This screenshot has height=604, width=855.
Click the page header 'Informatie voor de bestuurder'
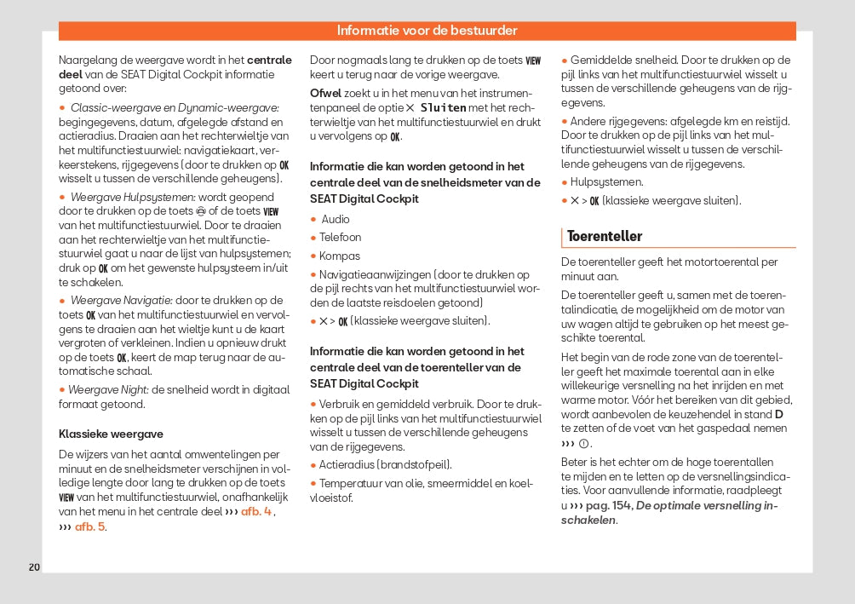[x=427, y=31]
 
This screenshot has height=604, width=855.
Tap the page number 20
[x=34, y=567]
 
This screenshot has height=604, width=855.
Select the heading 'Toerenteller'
[x=605, y=236]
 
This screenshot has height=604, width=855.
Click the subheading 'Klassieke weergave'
[x=111, y=434]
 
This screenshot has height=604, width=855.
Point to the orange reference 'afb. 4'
[x=256, y=511]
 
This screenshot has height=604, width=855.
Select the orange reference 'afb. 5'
[x=89, y=526]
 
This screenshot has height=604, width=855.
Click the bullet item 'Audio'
[x=335, y=219]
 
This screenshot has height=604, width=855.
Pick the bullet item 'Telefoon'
[x=340, y=237]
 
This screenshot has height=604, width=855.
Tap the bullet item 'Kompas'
[x=339, y=256]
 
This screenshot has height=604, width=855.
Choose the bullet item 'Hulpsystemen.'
[x=606, y=181]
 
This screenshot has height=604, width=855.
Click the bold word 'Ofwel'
[x=325, y=92]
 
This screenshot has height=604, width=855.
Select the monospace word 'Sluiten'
[x=443, y=107]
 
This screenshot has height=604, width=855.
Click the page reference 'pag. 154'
[x=608, y=505]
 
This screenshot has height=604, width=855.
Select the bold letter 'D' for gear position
[x=778, y=414]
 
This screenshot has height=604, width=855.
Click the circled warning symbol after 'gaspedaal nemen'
[x=584, y=444]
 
